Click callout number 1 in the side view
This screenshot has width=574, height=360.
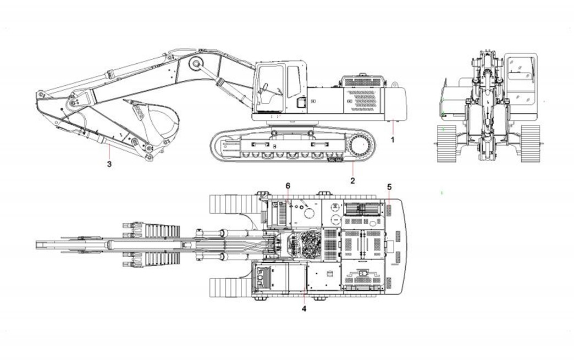click(393, 140)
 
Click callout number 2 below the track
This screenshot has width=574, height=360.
click(353, 180)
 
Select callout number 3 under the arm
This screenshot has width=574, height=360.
click(109, 163)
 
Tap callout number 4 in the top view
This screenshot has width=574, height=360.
click(304, 308)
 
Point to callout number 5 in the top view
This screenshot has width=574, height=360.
click(389, 186)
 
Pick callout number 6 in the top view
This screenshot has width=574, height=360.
click(288, 186)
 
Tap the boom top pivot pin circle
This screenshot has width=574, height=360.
click(195, 64)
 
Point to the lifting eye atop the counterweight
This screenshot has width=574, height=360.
click(394, 84)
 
